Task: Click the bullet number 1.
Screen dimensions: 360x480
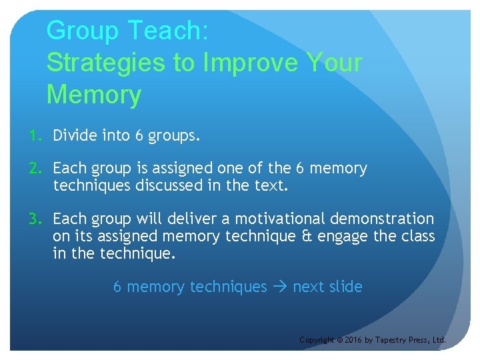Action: [x=34, y=136]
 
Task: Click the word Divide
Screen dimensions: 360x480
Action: [x=75, y=136]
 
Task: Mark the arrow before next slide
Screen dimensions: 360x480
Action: [x=279, y=287]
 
